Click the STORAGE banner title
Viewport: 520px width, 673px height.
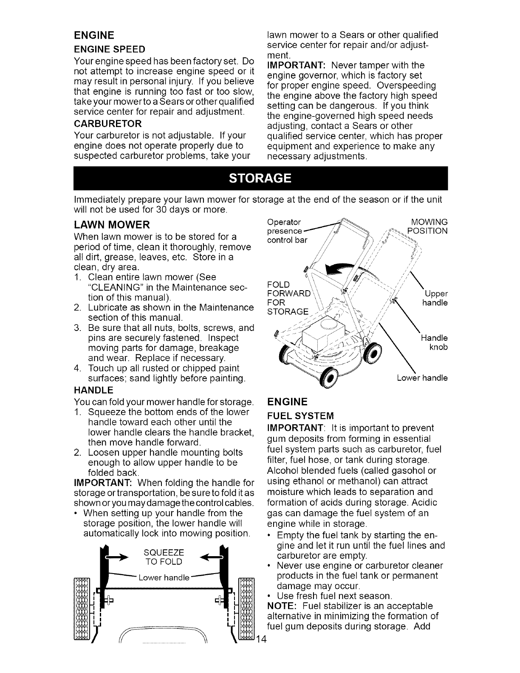click(260, 178)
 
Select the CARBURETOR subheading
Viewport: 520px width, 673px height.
click(107, 124)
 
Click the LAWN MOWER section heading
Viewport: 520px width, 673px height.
click(112, 224)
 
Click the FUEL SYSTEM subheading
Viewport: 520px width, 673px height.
click(301, 415)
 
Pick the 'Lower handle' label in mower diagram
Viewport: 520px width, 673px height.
click(422, 378)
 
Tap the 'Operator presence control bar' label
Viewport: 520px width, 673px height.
click(284, 231)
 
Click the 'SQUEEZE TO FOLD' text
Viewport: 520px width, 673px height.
click(164, 557)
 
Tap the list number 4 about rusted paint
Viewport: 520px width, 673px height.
click(77, 368)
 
